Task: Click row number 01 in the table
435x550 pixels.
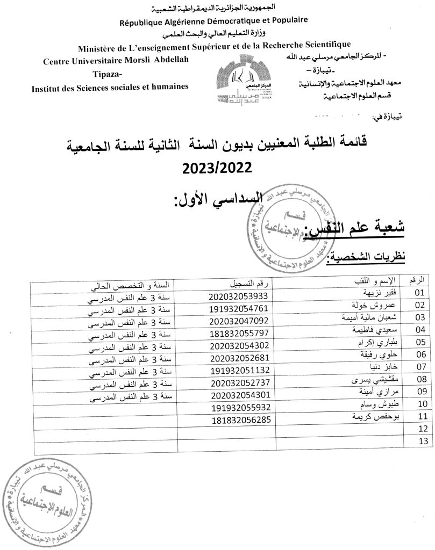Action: click(x=420, y=293)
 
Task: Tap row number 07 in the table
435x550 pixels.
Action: click(x=420, y=367)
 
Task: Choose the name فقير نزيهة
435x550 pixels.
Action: click(x=382, y=293)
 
